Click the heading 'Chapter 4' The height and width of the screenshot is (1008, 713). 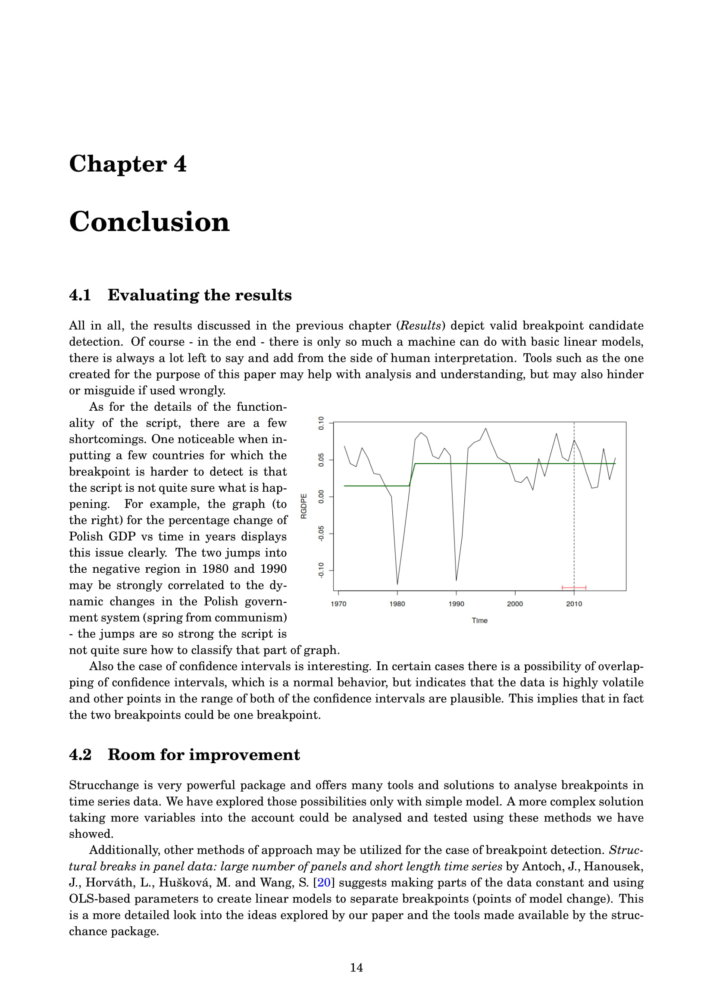(128, 164)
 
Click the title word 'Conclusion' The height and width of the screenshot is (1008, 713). (149, 222)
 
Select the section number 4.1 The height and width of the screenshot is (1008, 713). (80, 295)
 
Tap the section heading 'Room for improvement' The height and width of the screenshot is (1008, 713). (204, 755)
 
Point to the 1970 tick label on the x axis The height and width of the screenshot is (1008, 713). (338, 604)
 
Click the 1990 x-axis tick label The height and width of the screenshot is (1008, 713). (456, 604)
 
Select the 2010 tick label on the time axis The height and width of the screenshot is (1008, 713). (574, 604)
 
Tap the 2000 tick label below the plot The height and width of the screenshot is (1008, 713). (515, 604)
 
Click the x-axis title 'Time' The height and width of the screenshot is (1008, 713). (479, 621)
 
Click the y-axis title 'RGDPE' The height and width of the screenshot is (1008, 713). (304, 506)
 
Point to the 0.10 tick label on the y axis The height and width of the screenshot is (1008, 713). (322, 423)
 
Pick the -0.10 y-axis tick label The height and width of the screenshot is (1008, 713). (322, 570)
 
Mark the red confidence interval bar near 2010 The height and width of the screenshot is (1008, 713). (574, 587)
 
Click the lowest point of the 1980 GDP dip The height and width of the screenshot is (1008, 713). (397, 584)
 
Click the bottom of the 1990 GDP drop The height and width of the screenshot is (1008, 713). (456, 580)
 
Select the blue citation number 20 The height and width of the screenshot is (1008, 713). (324, 883)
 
